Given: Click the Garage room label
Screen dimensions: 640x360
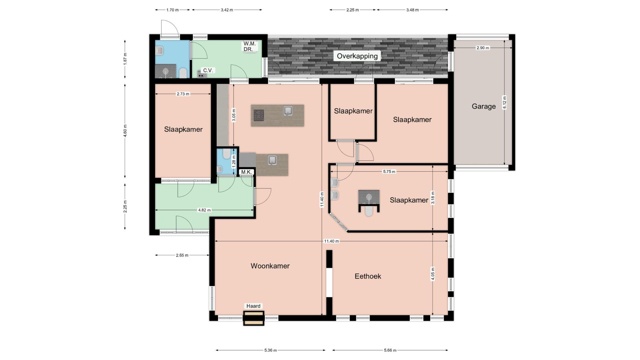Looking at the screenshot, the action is [x=484, y=106].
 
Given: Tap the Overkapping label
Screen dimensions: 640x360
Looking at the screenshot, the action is [x=357, y=56].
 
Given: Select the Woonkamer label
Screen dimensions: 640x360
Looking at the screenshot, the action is [x=270, y=266].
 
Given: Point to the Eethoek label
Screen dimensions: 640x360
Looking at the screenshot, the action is [x=368, y=276].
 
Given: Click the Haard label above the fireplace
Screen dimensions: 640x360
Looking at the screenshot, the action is [x=253, y=306].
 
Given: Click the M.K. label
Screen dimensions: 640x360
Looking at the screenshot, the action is [x=247, y=172].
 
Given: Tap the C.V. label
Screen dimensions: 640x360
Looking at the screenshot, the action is [x=208, y=70].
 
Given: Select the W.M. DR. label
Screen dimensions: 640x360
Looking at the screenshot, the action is [x=249, y=46].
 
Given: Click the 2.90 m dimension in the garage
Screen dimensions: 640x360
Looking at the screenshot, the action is [x=483, y=48].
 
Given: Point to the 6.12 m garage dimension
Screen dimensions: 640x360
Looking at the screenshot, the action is [x=504, y=102].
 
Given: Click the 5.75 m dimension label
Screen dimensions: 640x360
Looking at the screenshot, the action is [x=389, y=172].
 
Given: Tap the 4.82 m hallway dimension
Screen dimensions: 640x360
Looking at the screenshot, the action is [x=204, y=210].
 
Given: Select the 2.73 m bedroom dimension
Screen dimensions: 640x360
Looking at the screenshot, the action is [x=183, y=94].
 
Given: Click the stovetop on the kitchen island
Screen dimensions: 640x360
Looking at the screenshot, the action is [x=259, y=115].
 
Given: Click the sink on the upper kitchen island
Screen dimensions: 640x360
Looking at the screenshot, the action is [x=288, y=111].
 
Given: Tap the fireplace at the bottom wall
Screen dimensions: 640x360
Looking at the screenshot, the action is [x=254, y=318].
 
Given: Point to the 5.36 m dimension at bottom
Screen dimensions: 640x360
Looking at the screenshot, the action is [x=270, y=350].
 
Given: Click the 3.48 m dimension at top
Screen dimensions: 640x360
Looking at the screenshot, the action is [x=412, y=10].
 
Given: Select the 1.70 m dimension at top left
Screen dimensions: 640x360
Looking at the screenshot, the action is [x=172, y=10].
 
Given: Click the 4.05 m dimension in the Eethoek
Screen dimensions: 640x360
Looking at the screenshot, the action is [x=433, y=274].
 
